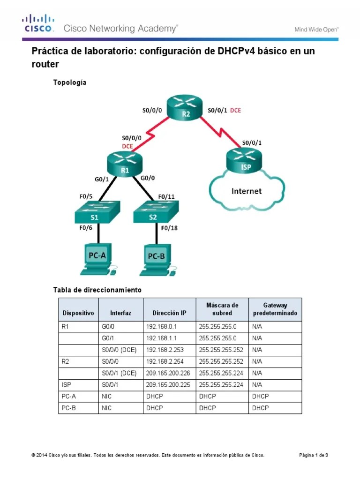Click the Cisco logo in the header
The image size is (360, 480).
pyautogui.click(x=38, y=23)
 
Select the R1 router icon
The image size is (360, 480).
pyautogui.click(x=125, y=164)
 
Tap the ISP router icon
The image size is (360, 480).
pyautogui.click(x=242, y=161)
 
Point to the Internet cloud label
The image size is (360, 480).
pyautogui.click(x=246, y=191)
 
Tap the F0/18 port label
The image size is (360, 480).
pyautogui.click(x=170, y=228)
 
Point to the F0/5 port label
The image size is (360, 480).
pyautogui.click(x=81, y=197)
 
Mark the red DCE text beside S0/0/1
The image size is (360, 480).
pyautogui.click(x=235, y=111)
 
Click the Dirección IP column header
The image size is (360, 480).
pyautogui.click(x=169, y=313)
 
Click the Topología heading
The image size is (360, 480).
pyautogui.click(x=70, y=82)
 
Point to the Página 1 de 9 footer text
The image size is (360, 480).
pyautogui.click(x=314, y=455)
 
